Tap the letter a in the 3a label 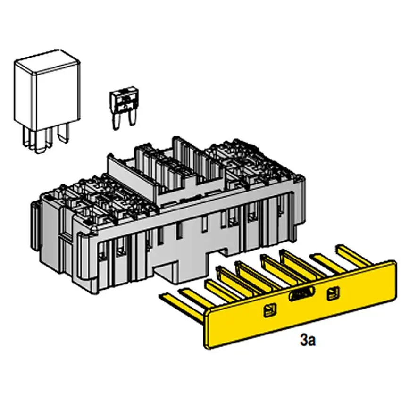coord(312,342)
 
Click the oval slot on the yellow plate coord(301,293)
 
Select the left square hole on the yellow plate coord(270,310)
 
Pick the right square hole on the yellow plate coord(334,294)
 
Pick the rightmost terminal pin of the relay coord(63,134)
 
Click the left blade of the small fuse coord(117,121)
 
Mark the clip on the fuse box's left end coord(35,225)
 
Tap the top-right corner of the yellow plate coord(394,261)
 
